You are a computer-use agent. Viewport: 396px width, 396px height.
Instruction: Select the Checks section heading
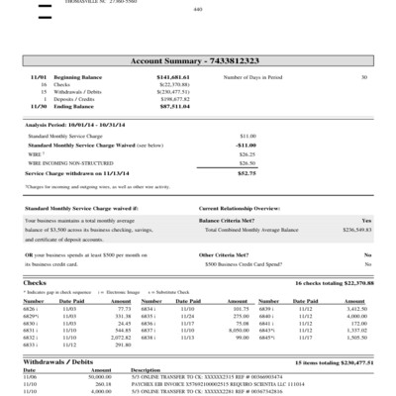pos(35,282)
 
